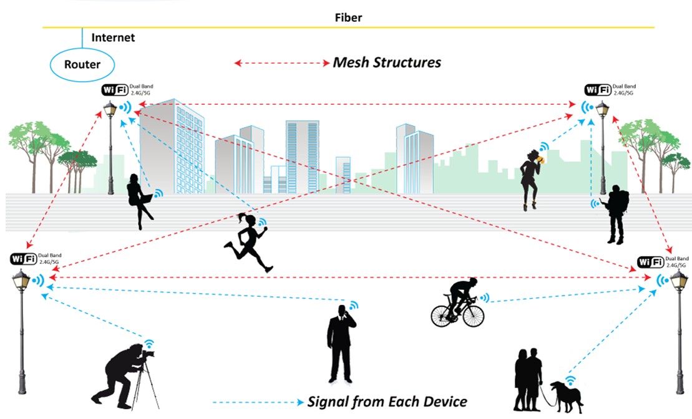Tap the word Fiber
tap(348, 17)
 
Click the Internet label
tap(113, 37)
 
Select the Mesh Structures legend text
tap(387, 62)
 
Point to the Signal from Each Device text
tap(387, 402)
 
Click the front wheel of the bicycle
tap(473, 315)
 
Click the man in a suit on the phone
tap(341, 344)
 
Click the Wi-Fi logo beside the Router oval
tap(115, 90)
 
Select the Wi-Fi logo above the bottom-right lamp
tap(651, 262)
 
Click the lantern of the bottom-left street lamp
tap(21, 280)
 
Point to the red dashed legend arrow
tap(281, 63)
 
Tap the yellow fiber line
tap(348, 27)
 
